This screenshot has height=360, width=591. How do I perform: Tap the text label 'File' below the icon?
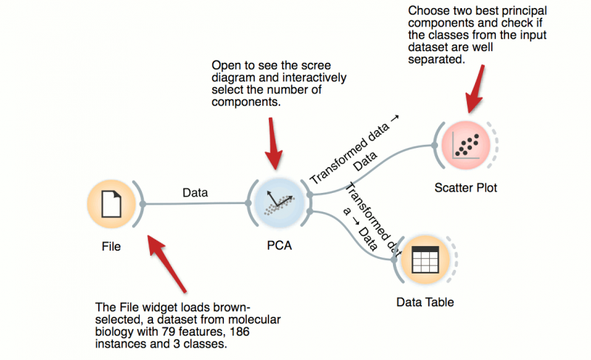(111, 246)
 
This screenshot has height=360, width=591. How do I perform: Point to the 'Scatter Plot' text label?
(465, 188)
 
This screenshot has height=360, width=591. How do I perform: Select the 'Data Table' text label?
(425, 302)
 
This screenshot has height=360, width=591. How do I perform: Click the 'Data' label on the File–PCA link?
(195, 193)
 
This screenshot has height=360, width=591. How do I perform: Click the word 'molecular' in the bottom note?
(256, 319)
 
